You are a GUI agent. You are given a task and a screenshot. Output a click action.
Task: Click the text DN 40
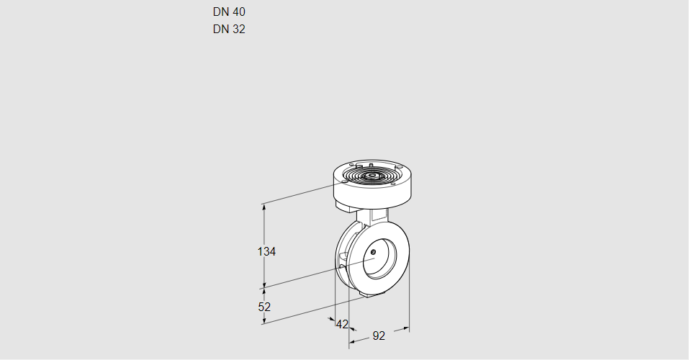click(x=229, y=12)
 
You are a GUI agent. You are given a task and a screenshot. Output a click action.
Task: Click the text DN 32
click(x=229, y=30)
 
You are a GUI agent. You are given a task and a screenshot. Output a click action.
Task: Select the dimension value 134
click(x=267, y=252)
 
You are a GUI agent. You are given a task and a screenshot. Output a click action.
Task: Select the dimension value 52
click(x=264, y=307)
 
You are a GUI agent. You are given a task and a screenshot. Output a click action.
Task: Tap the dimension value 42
click(x=342, y=324)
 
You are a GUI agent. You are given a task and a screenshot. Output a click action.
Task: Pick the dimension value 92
click(x=379, y=336)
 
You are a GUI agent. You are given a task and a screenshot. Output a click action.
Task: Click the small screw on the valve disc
click(x=374, y=251)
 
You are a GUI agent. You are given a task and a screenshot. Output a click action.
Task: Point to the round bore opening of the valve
click(x=379, y=260)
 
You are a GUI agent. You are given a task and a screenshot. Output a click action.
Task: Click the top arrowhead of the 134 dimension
click(x=264, y=207)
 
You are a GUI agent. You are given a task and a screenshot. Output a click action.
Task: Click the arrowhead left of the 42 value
click(x=332, y=320)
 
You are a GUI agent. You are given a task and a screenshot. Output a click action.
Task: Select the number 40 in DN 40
click(x=239, y=12)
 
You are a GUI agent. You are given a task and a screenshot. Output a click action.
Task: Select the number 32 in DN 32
click(x=239, y=30)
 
